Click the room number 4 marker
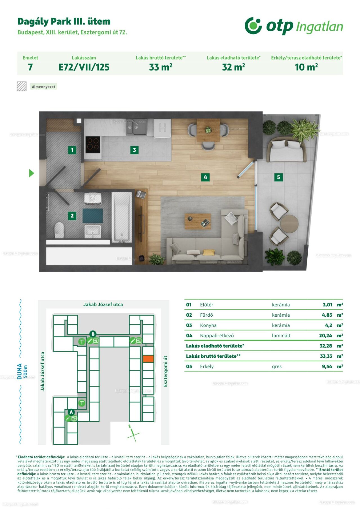pos(205,177)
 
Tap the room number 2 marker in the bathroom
pos(72,216)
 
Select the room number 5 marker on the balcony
pos(278,177)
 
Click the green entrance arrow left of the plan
pos(31,173)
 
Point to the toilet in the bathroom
pos(59,230)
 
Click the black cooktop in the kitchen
pos(93,145)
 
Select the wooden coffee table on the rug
pos(198,221)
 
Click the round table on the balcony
pos(289,224)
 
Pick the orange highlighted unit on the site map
pos(148,359)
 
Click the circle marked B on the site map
pos(93,334)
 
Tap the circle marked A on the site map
pos(71,412)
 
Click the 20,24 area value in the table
pos(326,335)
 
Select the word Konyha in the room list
pos(208,325)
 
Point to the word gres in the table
pos(277,367)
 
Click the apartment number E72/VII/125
pos(84,67)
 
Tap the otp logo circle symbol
pos(253,26)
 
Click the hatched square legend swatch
pos(22,86)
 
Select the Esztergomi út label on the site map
pos(165,371)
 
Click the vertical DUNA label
pos(20,371)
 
